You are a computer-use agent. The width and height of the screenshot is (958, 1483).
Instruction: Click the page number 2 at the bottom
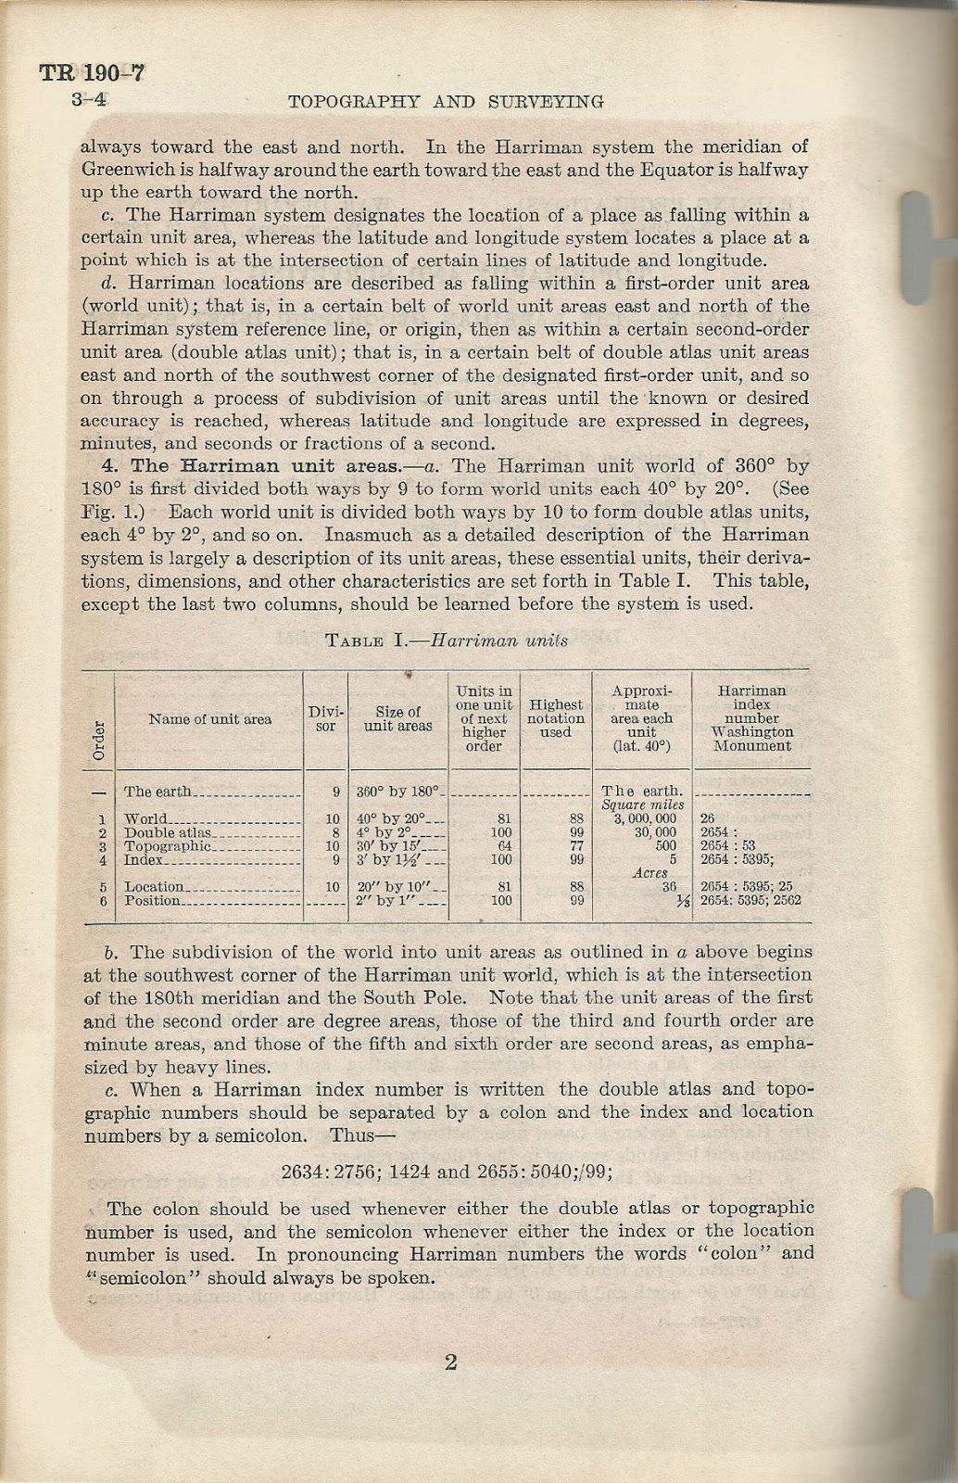[x=451, y=1362]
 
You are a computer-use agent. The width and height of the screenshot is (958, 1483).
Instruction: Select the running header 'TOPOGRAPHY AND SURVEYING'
[x=447, y=101]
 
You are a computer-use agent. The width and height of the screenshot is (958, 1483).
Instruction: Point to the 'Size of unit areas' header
[x=397, y=719]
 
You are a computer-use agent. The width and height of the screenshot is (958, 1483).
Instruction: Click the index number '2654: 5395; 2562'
[x=750, y=900]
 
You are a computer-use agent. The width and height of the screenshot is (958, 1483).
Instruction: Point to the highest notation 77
[x=575, y=846]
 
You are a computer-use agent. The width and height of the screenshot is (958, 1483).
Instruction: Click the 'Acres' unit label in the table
[x=649, y=873]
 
